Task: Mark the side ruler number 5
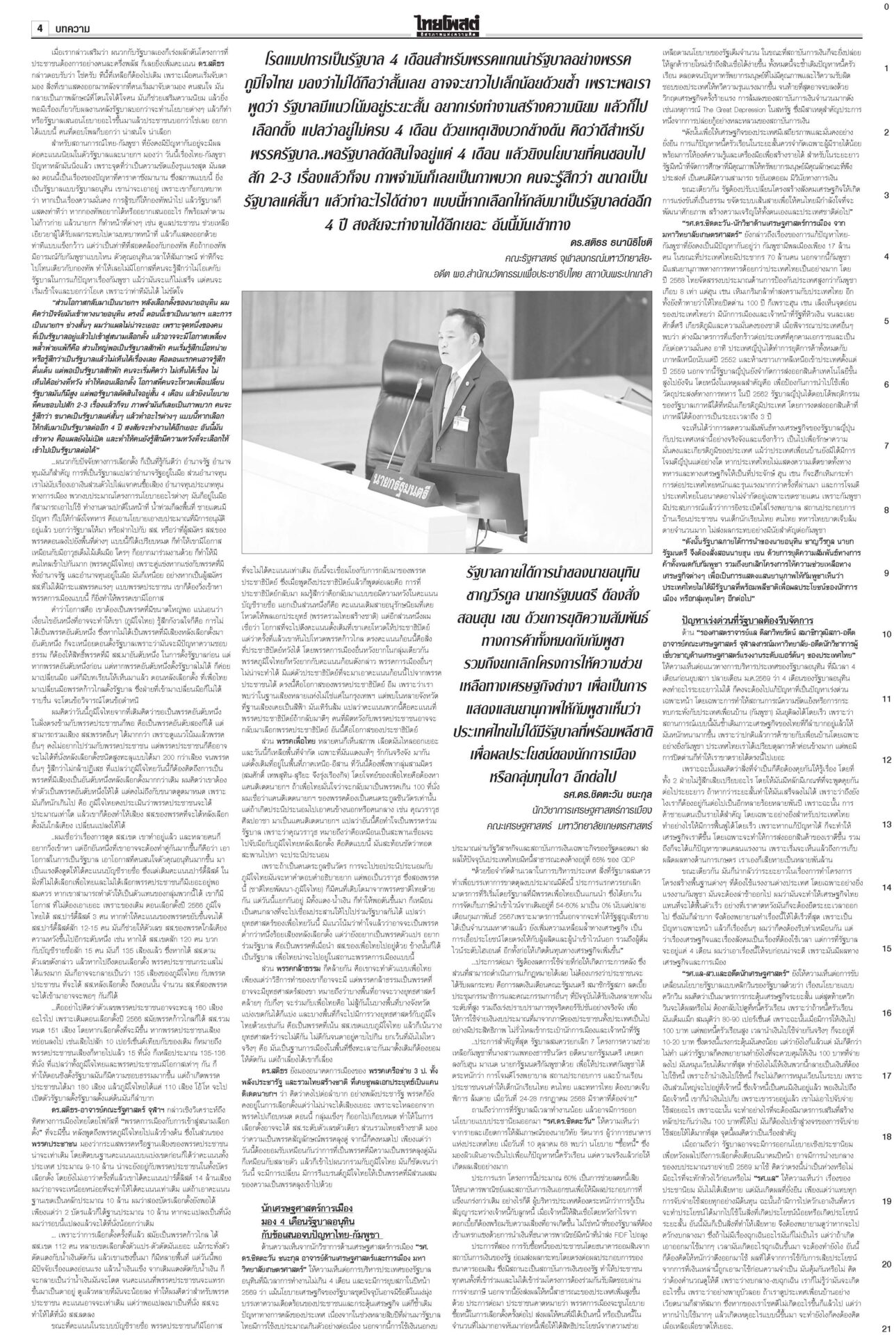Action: click(x=886, y=321)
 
